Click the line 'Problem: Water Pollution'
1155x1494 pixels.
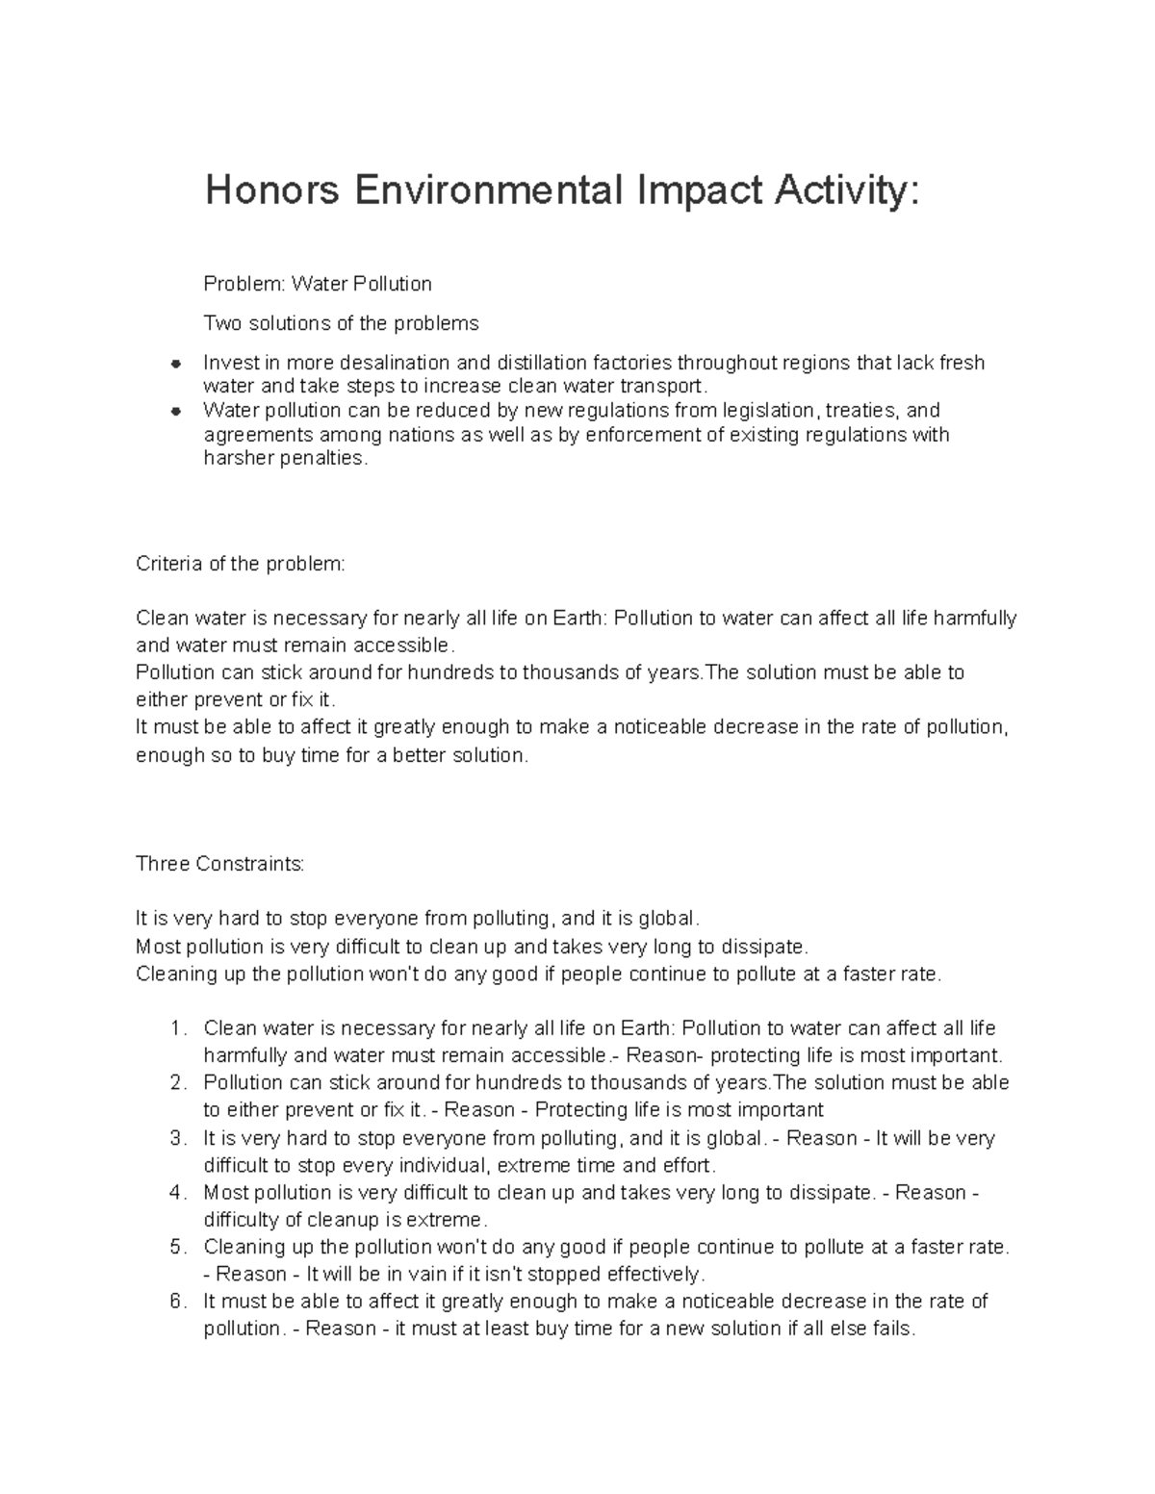318,284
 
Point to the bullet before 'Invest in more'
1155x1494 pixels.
175,364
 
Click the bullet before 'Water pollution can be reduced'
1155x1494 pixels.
175,411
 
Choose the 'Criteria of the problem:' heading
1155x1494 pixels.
240,564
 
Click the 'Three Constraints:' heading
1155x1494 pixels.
220,864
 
